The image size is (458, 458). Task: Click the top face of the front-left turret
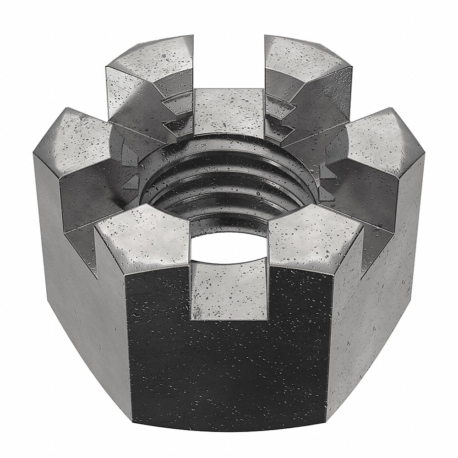pyautogui.click(x=142, y=229)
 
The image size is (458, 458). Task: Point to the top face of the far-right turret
pyautogui.click(x=380, y=142)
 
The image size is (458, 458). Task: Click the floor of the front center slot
pyautogui.click(x=229, y=289)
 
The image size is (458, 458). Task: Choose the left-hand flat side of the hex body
pyautogui.click(x=69, y=275)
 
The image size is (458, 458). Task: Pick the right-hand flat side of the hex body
pyautogui.click(x=389, y=275)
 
